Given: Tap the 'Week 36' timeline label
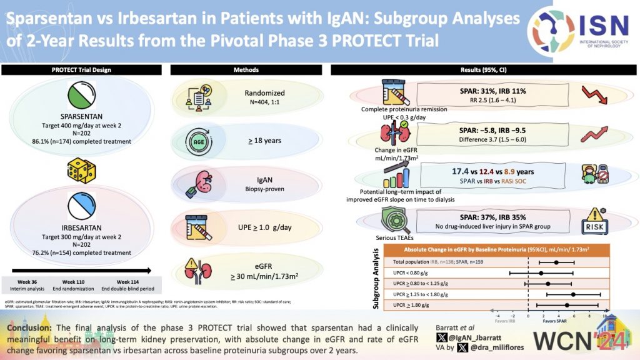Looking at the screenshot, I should click(x=28, y=282).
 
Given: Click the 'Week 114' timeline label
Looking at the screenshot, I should click(x=127, y=282).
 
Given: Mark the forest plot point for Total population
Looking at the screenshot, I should click(x=556, y=262).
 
